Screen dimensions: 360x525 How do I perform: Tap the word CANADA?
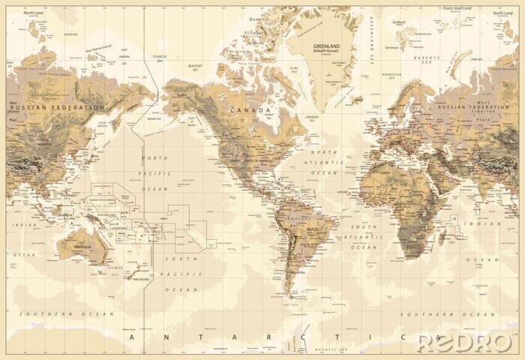(255, 109)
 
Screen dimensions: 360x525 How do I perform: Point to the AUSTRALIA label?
(82, 246)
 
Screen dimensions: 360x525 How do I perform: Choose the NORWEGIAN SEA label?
(391, 75)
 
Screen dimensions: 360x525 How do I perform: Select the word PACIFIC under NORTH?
(155, 173)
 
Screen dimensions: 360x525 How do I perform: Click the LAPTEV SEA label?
(70, 34)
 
